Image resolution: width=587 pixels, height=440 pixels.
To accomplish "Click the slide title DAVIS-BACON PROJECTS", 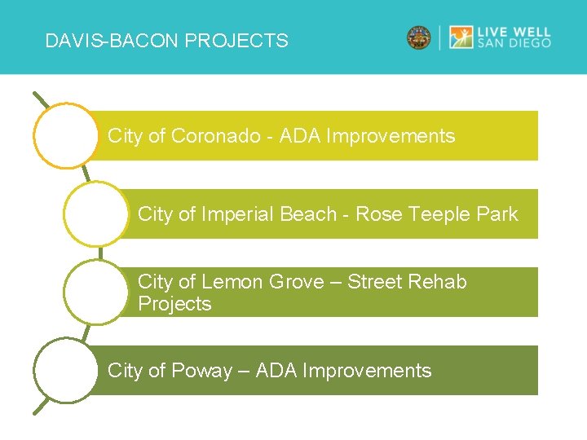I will [166, 41].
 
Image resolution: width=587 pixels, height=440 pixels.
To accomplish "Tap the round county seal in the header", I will [418, 37].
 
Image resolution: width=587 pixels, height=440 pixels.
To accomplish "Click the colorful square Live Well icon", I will [461, 37].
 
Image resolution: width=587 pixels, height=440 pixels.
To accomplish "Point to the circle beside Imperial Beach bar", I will [95, 213].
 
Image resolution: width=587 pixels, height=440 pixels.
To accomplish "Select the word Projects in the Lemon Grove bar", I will [174, 304].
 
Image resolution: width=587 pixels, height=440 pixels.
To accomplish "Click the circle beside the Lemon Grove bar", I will [95, 292].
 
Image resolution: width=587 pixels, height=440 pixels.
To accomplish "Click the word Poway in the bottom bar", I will [201, 371].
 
